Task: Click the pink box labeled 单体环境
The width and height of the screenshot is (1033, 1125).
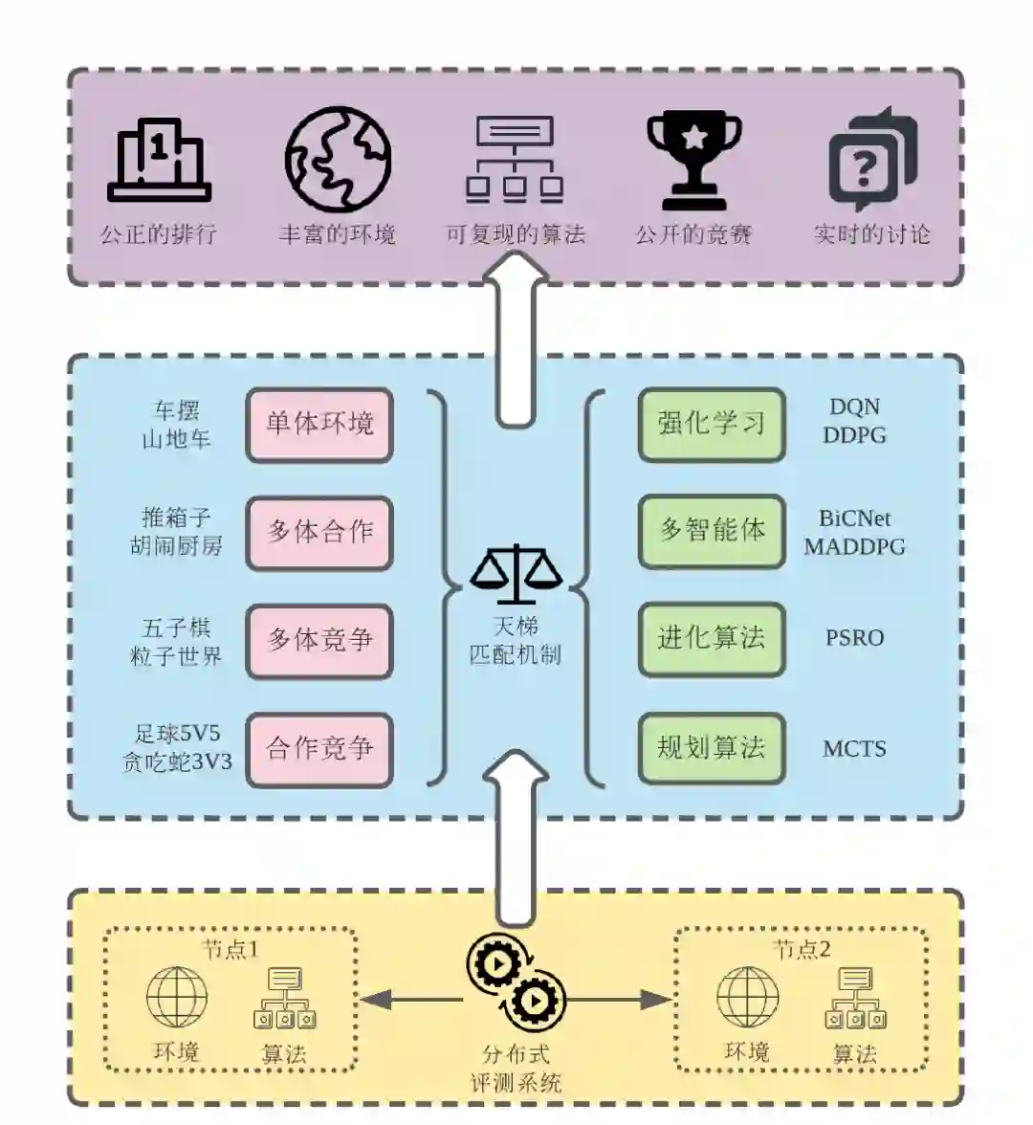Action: click(x=319, y=424)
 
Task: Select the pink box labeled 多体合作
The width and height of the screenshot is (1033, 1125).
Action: click(x=319, y=532)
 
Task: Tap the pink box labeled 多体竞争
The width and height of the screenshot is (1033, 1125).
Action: click(x=319, y=640)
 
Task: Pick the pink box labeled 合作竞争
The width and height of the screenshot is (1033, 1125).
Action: click(x=319, y=749)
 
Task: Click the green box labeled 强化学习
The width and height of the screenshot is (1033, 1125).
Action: click(x=711, y=423)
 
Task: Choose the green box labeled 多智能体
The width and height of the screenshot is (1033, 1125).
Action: click(x=711, y=530)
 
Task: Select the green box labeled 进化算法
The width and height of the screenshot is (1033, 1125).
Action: click(x=711, y=638)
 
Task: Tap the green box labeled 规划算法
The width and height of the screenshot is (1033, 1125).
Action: click(x=711, y=747)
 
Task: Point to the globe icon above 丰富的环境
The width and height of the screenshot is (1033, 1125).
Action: click(x=338, y=159)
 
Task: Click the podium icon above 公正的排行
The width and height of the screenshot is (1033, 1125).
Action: click(x=159, y=160)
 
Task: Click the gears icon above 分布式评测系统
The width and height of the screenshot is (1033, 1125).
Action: click(x=516, y=982)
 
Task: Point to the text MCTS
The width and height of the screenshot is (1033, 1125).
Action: click(x=854, y=748)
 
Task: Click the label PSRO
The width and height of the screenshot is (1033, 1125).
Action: click(x=854, y=638)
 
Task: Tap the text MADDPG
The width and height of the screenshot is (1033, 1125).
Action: click(x=854, y=547)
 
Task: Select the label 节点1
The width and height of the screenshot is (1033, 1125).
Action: click(x=230, y=949)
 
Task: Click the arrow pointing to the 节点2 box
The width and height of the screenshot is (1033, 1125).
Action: click(x=622, y=1000)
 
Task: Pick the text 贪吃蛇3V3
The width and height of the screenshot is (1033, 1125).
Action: click(x=177, y=762)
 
